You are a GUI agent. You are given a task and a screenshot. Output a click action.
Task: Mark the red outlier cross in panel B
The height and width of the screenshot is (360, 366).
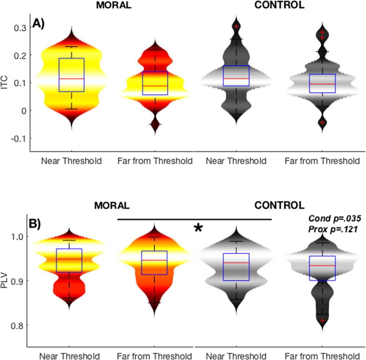click(x=322, y=320)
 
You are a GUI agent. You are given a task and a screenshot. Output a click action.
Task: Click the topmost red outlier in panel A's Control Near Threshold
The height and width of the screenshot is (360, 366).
click(x=237, y=26)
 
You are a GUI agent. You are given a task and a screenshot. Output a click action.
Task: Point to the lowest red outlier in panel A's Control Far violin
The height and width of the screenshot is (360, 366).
click(x=322, y=122)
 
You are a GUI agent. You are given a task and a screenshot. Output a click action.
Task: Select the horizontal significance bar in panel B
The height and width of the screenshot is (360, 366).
click(x=194, y=219)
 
